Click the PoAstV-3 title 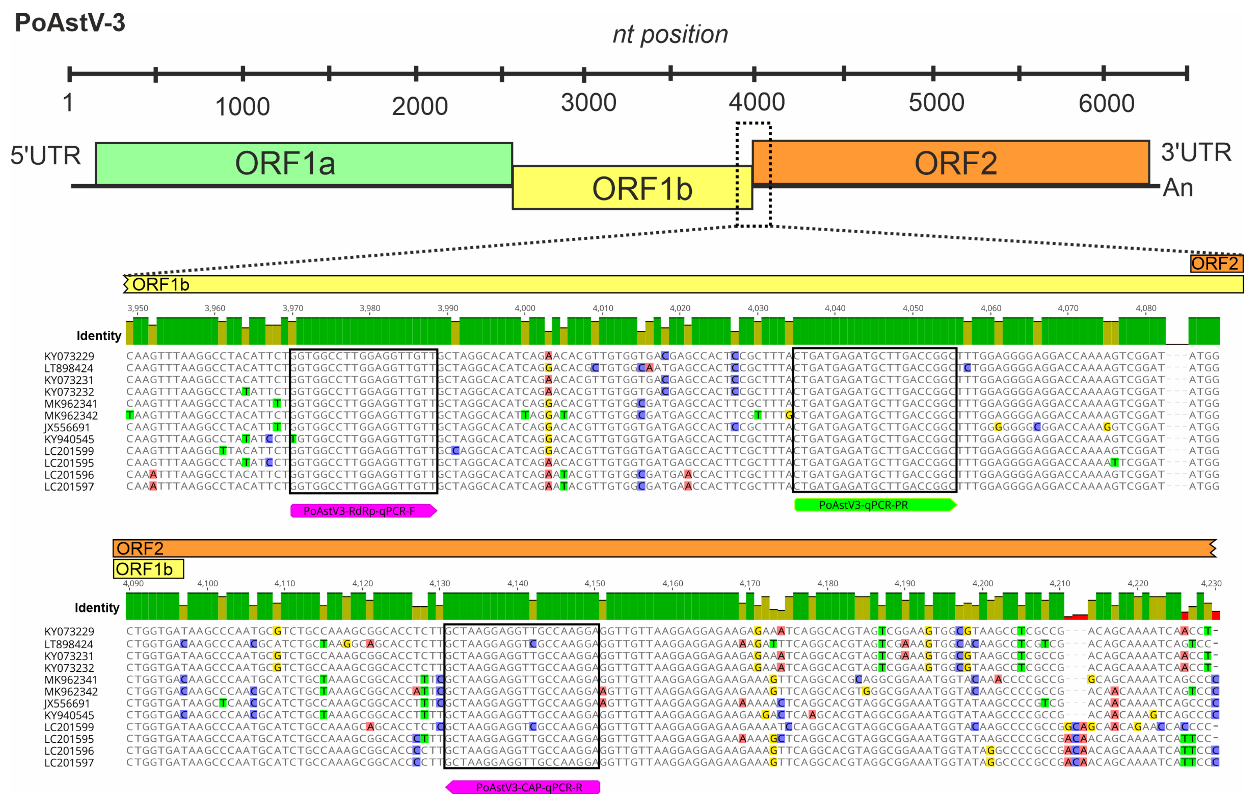point(70,23)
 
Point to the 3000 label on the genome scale point(589,102)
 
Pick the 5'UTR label point(46,155)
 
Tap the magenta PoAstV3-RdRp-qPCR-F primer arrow point(363,511)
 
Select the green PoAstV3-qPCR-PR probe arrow point(875,505)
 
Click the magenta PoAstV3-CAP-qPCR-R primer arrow point(523,787)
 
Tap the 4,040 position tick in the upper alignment point(835,308)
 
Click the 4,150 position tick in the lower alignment point(595,583)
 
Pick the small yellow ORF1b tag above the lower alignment point(148,569)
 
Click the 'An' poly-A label point(1178,188)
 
